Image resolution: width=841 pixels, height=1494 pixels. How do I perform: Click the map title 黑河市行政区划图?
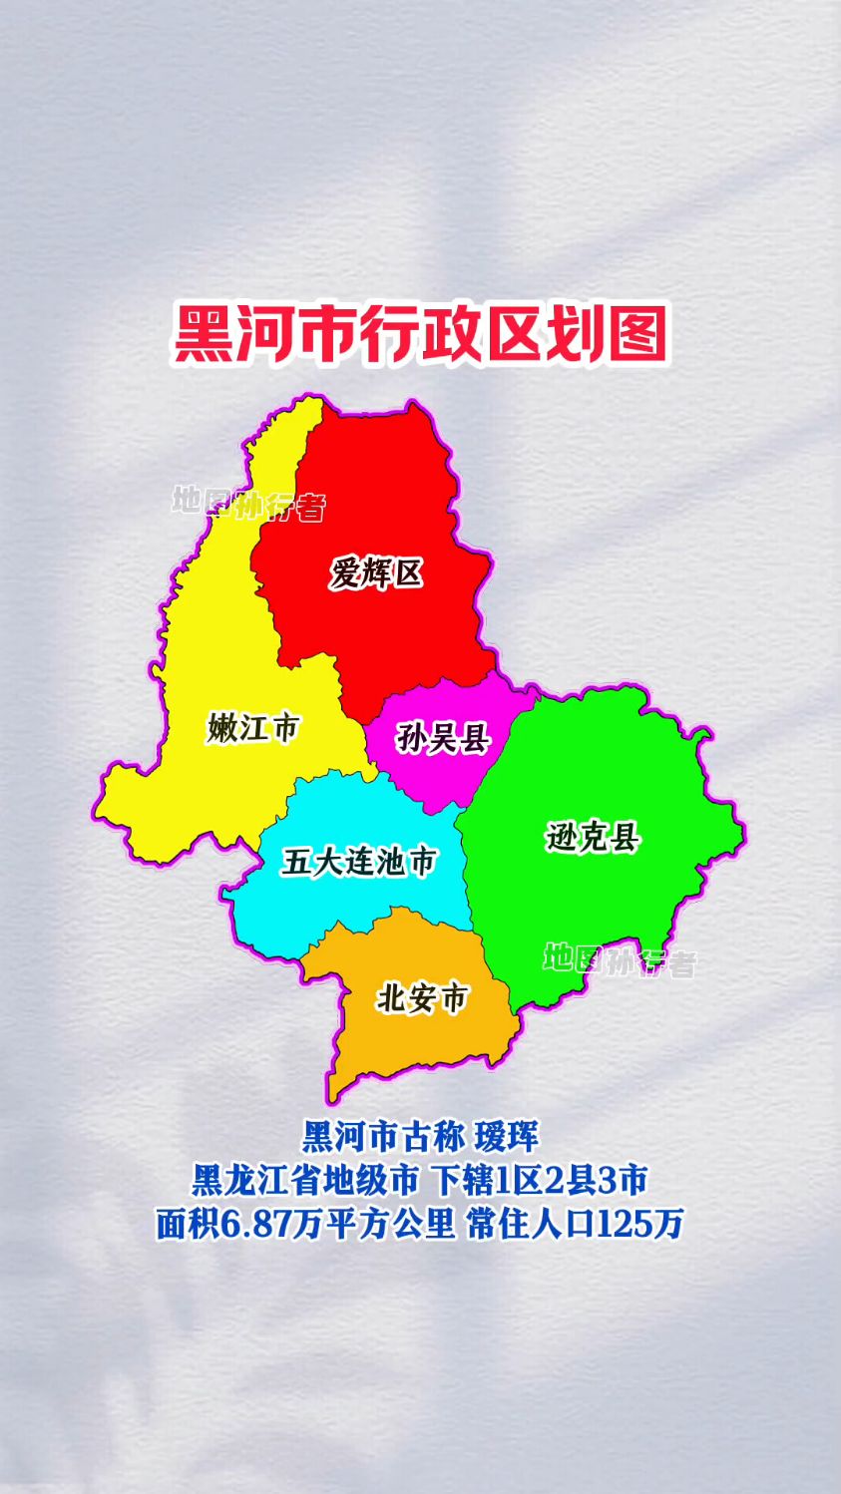click(x=420, y=334)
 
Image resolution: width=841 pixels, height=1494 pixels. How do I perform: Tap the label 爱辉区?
click(x=376, y=573)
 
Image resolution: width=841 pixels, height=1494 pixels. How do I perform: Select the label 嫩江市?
click(x=253, y=727)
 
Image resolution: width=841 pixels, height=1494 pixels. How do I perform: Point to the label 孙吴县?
click(x=442, y=738)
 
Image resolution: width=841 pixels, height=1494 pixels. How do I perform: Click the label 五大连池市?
click(x=359, y=861)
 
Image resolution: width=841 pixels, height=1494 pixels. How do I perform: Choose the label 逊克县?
click(x=593, y=837)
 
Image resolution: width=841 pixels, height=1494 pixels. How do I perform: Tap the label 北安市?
click(x=422, y=997)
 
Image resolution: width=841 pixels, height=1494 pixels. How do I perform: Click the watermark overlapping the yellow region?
click(x=248, y=504)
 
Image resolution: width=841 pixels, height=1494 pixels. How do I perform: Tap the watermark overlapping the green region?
click(x=620, y=961)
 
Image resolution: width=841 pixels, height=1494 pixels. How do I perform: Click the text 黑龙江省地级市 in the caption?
click(x=304, y=1180)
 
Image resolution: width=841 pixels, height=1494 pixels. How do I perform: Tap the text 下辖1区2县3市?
click(x=540, y=1180)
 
